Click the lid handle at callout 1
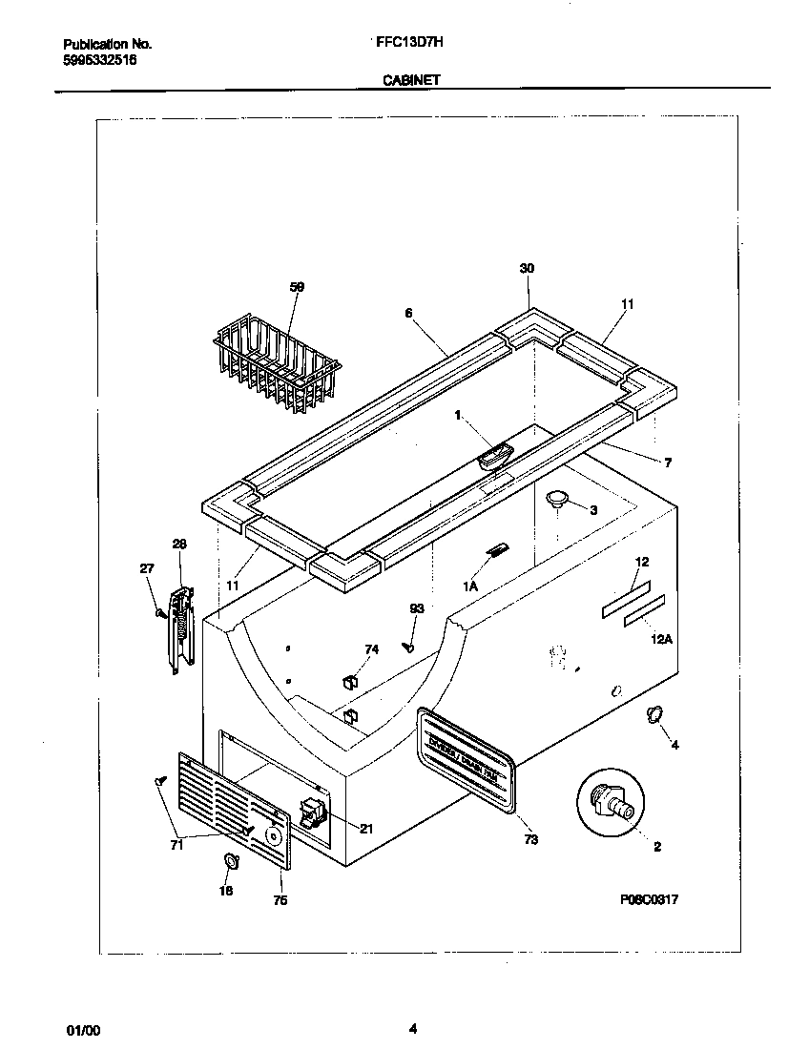(495, 457)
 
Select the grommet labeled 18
(230, 862)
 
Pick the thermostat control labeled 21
(312, 812)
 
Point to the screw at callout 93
(408, 646)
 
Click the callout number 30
(527, 269)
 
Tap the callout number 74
(371, 649)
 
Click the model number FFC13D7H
(404, 44)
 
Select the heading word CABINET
(411, 81)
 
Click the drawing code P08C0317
(647, 899)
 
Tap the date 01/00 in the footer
(82, 1030)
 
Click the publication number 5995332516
(99, 59)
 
